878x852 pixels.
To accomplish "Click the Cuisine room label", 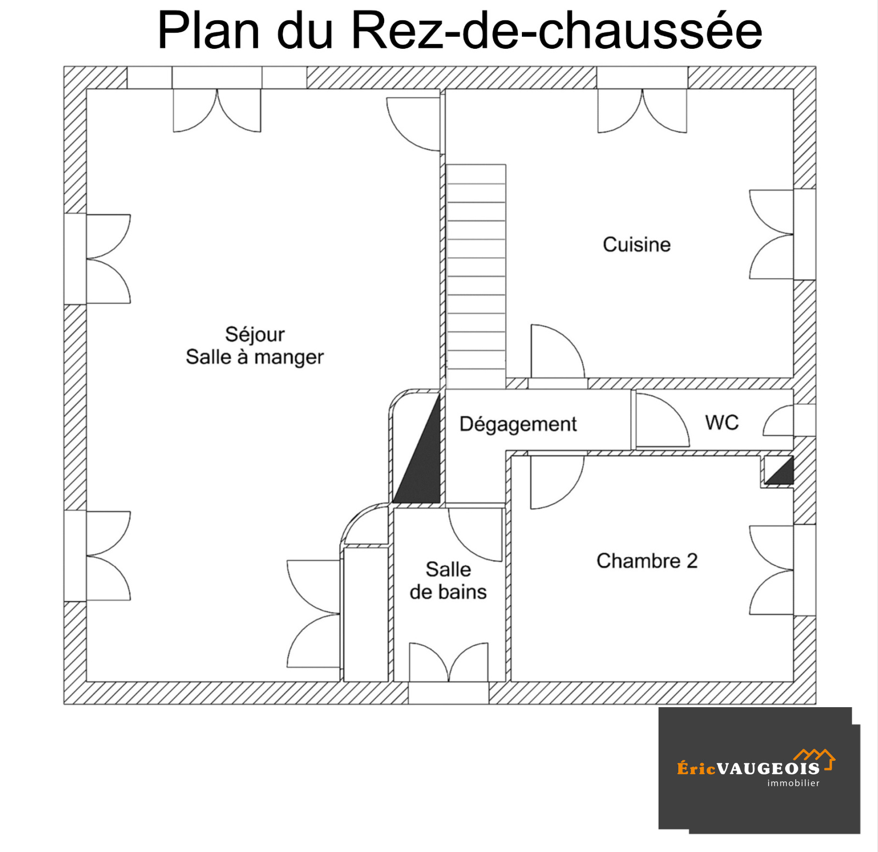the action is (x=637, y=245).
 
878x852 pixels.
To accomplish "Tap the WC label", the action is (x=722, y=422).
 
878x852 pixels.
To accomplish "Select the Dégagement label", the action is (x=518, y=424).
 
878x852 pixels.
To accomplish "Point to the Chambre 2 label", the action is (x=647, y=561).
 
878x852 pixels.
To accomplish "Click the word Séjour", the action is (x=255, y=334).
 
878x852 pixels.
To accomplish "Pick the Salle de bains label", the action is (x=448, y=580).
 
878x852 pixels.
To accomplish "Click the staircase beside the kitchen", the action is (x=476, y=277).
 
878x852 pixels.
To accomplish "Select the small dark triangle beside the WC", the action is (x=779, y=471).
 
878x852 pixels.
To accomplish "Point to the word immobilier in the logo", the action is (x=793, y=783).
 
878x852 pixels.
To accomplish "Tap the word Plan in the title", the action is (x=209, y=31).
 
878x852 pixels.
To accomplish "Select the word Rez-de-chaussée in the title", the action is (x=556, y=31).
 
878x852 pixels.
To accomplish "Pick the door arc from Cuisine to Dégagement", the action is (x=558, y=351).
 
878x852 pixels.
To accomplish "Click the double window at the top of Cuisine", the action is (x=642, y=111).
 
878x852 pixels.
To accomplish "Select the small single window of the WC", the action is (x=778, y=420).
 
